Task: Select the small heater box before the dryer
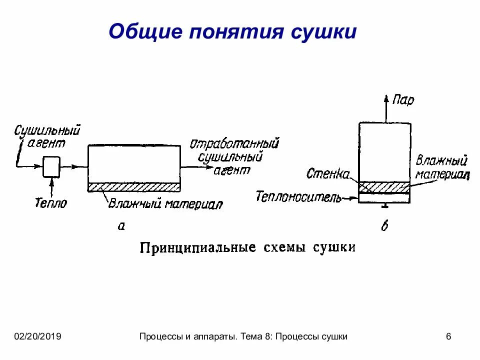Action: click(51, 166)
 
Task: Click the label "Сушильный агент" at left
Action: click(47, 136)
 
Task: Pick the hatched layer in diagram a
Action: click(134, 187)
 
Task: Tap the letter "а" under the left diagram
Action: click(120, 226)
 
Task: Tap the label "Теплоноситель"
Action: click(298, 196)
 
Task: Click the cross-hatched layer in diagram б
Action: click(384, 187)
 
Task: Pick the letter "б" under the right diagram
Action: click(384, 226)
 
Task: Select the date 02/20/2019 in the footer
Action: click(37, 336)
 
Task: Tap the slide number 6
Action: click(448, 336)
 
